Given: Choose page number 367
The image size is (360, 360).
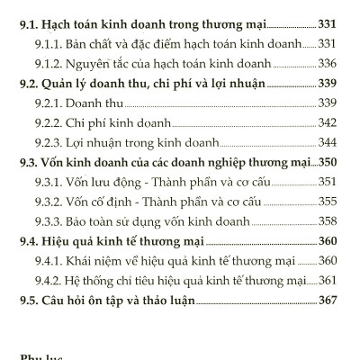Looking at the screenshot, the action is (x=327, y=304).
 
